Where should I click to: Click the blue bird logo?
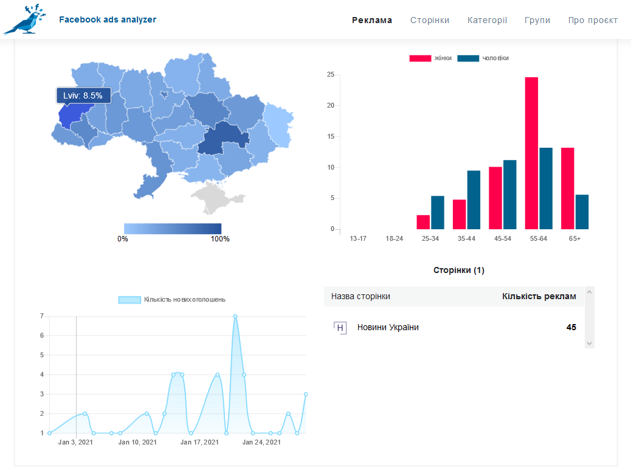(24, 19)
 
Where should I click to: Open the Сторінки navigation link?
(430, 20)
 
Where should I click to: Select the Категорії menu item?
(488, 20)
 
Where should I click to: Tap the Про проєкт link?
(593, 20)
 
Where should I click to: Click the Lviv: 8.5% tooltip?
(83, 96)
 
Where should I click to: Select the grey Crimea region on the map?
(216, 197)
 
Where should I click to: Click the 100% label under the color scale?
(219, 239)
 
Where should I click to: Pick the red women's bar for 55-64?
(531, 153)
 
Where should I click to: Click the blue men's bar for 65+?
(582, 212)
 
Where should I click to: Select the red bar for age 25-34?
(423, 222)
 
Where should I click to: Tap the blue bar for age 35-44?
(474, 199)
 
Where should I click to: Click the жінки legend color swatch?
(420, 58)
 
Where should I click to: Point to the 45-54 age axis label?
(503, 238)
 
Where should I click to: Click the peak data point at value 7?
(235, 316)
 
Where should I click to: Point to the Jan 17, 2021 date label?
(199, 442)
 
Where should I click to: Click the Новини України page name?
(388, 327)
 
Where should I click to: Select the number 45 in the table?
(571, 327)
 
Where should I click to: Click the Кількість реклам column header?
(539, 296)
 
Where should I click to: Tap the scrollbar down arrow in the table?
(589, 344)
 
